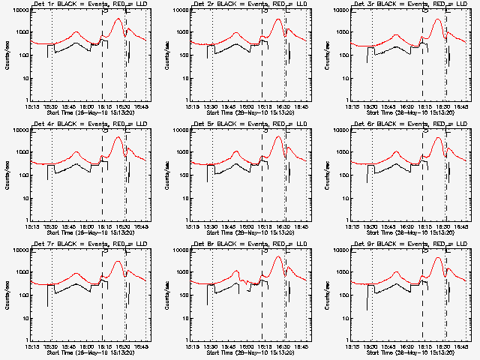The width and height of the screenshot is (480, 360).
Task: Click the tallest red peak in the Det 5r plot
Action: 278,136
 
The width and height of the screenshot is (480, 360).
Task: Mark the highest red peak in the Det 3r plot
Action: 437,19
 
